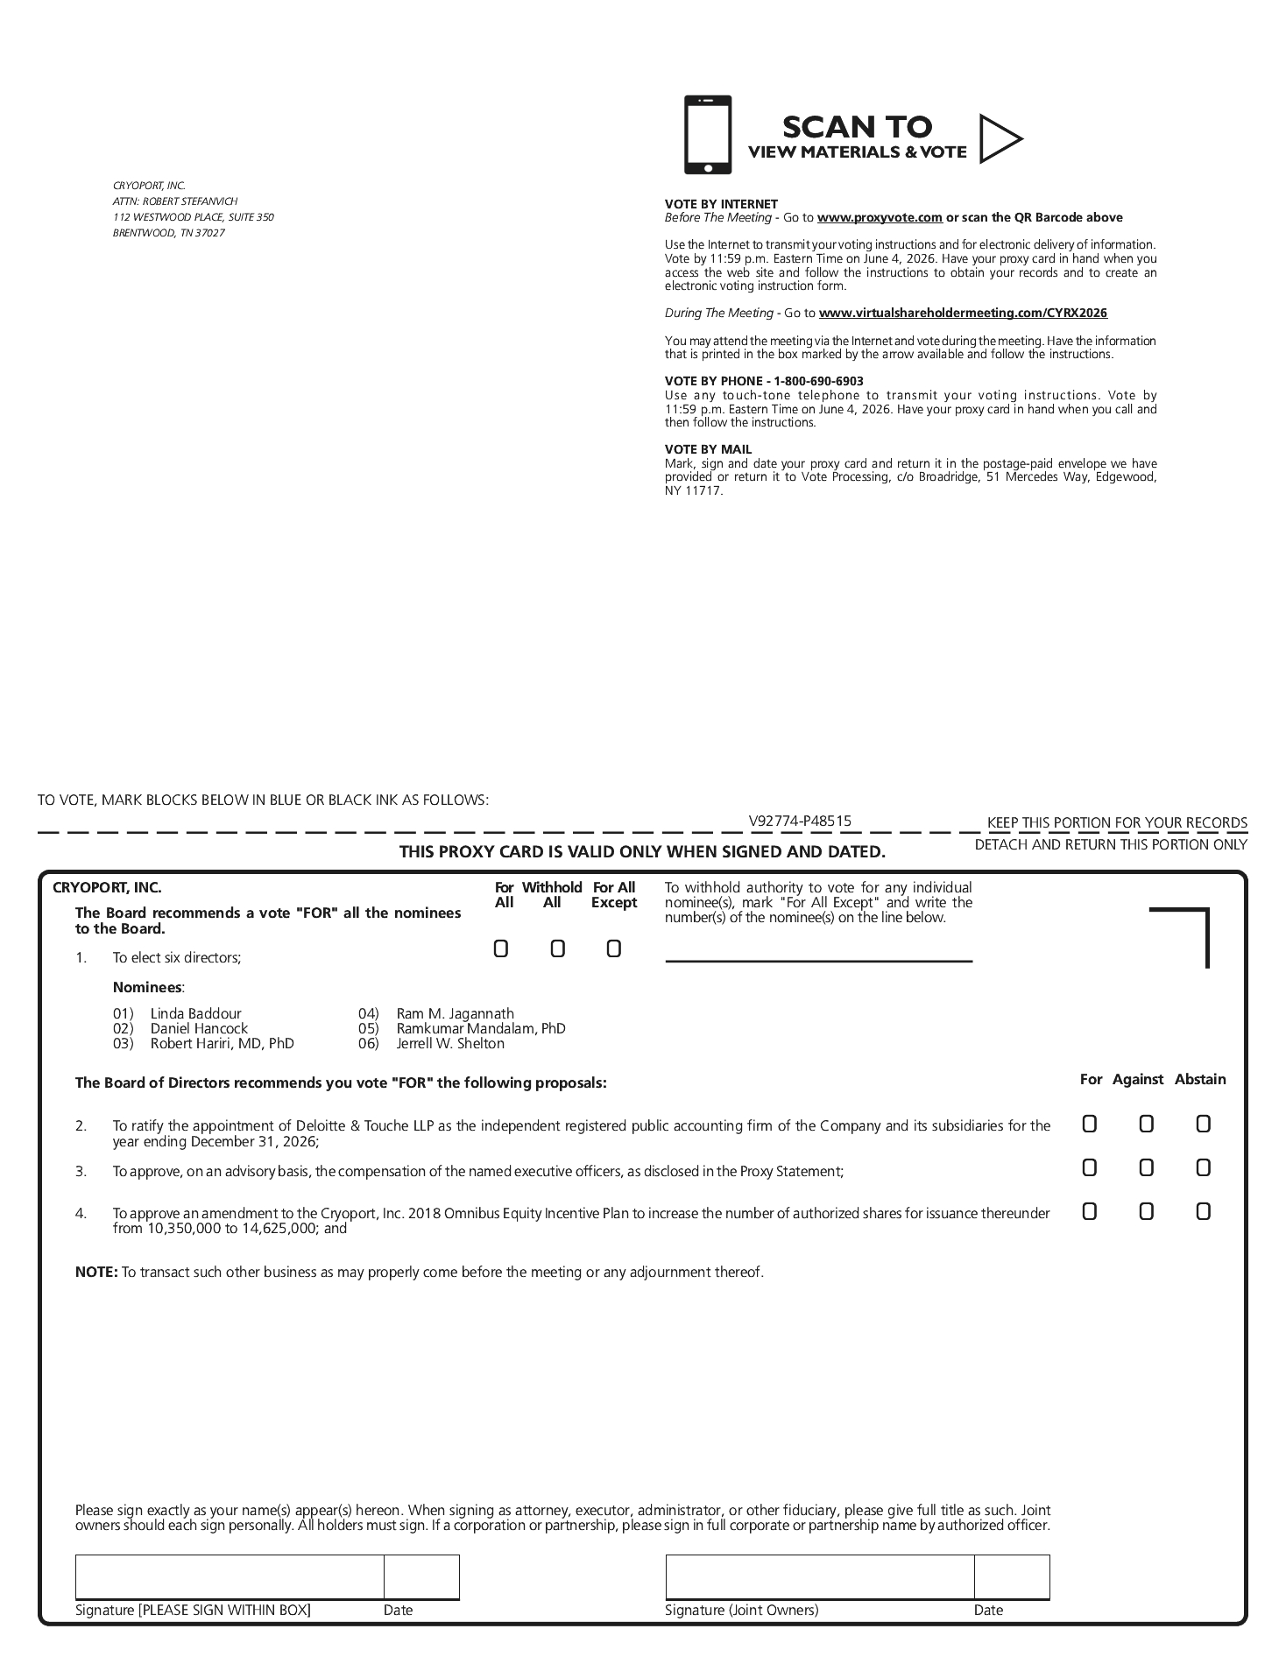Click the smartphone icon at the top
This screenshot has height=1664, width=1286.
(x=707, y=135)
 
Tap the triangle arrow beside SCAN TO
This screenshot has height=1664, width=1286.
(x=999, y=138)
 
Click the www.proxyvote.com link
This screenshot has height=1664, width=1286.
(x=880, y=217)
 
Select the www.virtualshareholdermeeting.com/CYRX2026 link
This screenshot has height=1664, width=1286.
(x=963, y=313)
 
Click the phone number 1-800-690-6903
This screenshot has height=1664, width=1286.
(x=818, y=381)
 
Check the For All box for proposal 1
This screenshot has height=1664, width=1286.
(x=501, y=948)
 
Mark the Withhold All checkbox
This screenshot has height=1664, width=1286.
(x=557, y=948)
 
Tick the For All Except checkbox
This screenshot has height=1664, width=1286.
(x=613, y=948)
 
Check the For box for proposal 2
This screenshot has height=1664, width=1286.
(x=1089, y=1124)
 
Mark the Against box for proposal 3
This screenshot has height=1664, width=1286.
(x=1146, y=1167)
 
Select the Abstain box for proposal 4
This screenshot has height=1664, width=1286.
(x=1203, y=1211)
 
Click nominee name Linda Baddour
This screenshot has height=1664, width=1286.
(x=195, y=1013)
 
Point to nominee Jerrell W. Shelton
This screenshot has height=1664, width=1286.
(x=450, y=1043)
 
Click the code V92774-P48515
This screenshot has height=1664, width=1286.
(x=800, y=821)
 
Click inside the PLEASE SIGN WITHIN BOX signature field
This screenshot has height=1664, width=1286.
(x=230, y=1577)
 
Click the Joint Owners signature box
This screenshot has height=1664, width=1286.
(x=819, y=1577)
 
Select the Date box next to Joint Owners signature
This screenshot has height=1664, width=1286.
(x=1012, y=1577)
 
